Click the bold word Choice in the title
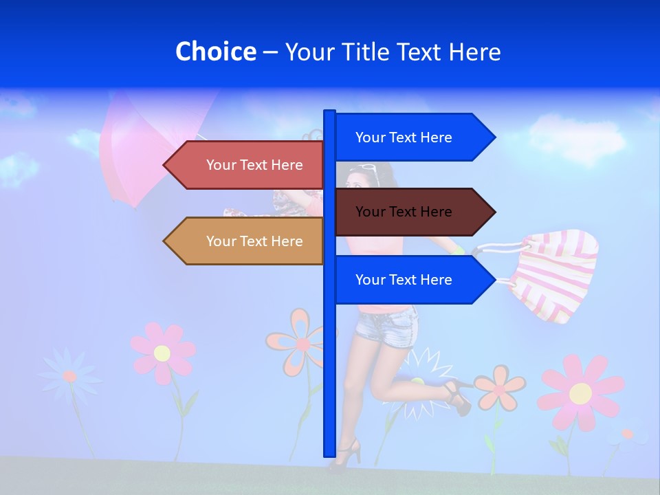(x=215, y=52)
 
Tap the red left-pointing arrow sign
(x=244, y=165)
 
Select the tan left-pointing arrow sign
(x=244, y=241)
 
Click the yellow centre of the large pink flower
(x=580, y=393)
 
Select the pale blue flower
(x=69, y=375)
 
